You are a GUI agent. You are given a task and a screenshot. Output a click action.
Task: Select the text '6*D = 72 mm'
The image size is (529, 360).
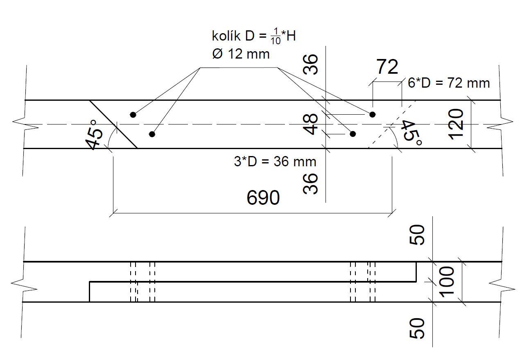(449, 83)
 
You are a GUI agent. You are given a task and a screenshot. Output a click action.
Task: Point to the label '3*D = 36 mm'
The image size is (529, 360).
(275, 162)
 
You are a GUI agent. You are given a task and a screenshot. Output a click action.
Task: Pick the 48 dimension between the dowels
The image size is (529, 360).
(312, 124)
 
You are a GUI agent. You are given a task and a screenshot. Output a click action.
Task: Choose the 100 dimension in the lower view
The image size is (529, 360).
(447, 282)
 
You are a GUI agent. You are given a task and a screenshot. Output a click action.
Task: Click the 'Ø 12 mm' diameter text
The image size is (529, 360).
(241, 53)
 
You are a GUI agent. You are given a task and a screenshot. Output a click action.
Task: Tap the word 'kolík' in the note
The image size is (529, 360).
(226, 36)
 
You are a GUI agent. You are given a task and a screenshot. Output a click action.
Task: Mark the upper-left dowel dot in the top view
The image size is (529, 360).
(133, 114)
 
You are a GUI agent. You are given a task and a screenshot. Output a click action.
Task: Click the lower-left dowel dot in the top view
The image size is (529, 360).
(152, 134)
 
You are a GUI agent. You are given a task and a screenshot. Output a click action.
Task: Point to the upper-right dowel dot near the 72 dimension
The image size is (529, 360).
(373, 114)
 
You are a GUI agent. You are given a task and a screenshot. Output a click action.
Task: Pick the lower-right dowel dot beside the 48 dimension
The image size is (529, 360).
(353, 134)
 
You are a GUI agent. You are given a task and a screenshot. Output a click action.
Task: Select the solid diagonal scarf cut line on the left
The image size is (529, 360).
(113, 124)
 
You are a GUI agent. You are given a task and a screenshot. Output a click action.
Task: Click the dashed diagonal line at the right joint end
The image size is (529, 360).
(392, 124)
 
